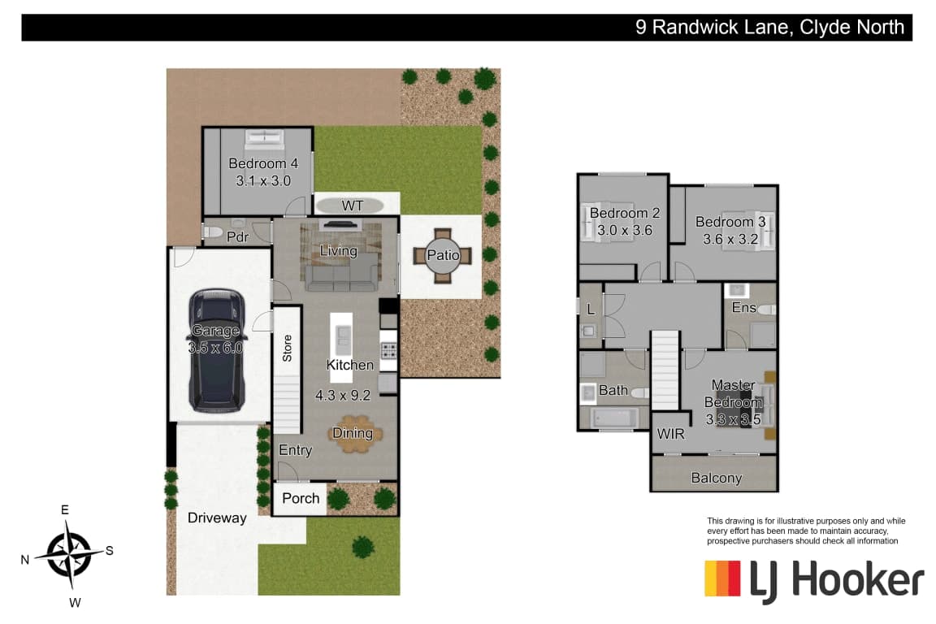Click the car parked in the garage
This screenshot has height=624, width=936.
pos(217,350)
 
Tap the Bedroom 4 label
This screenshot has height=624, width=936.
pos(263,163)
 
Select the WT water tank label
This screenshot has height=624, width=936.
pos(352,206)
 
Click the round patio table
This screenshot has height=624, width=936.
pos(443,255)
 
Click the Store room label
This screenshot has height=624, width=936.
pos(287,348)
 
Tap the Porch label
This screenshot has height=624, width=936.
pos(301,498)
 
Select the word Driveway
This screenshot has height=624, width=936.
pos(217,518)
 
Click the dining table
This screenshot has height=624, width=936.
pos(354,434)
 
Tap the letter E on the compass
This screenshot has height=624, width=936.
pos(65,509)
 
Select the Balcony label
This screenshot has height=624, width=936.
pos(717,478)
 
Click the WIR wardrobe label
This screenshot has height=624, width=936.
pos(670,434)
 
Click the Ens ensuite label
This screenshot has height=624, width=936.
pos(743,307)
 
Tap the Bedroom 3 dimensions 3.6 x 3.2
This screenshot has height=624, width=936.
pos(730,240)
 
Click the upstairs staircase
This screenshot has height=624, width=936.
pos(665,370)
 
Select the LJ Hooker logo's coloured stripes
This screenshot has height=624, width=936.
pos(722,578)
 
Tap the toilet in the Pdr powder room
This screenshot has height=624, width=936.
pos(213,232)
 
